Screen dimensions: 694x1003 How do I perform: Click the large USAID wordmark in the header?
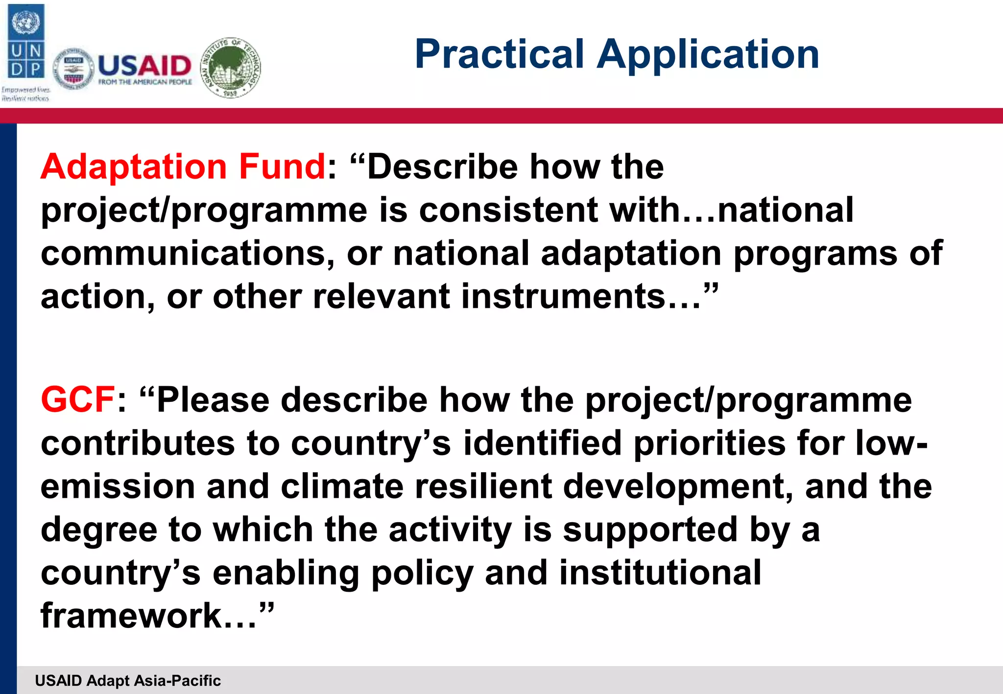144,66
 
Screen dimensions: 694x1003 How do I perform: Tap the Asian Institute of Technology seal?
231,68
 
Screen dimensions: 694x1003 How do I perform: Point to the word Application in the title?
708,55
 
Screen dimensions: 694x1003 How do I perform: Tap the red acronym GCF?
78,399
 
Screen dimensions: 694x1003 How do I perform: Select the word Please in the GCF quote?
213,399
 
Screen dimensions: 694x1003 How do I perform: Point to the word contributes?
138,443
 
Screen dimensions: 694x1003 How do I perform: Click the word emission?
118,486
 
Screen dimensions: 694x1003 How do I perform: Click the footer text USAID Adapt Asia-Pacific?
128,680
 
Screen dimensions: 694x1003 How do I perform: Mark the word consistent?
508,210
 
